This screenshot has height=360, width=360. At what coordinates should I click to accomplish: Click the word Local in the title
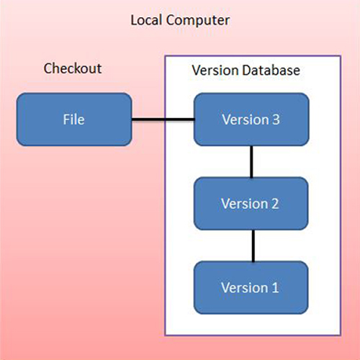146,19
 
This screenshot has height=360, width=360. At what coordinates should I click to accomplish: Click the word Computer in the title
198,21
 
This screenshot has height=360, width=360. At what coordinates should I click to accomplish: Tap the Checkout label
73,68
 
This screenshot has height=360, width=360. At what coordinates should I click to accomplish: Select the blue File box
74,120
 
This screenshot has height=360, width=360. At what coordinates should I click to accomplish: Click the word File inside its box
73,120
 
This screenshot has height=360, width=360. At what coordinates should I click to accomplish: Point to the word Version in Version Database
215,71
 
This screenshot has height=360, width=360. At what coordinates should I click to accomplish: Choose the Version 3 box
251,120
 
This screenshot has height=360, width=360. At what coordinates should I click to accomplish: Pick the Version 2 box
251,204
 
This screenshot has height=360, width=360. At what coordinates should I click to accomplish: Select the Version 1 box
251,287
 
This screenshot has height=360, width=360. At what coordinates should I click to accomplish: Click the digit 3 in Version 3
276,120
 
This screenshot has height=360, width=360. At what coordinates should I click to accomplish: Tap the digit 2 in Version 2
275,204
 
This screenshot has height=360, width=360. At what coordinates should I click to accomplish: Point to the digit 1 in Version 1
275,287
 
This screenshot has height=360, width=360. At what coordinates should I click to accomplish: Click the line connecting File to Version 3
163,120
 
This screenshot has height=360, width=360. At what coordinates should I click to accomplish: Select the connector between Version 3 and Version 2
251,161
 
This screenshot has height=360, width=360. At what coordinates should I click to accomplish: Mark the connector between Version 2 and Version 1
253,246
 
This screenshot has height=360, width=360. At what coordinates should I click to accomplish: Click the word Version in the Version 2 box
244,204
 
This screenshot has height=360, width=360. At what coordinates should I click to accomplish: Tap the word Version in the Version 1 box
244,287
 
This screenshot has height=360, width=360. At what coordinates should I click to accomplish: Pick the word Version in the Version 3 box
246,120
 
